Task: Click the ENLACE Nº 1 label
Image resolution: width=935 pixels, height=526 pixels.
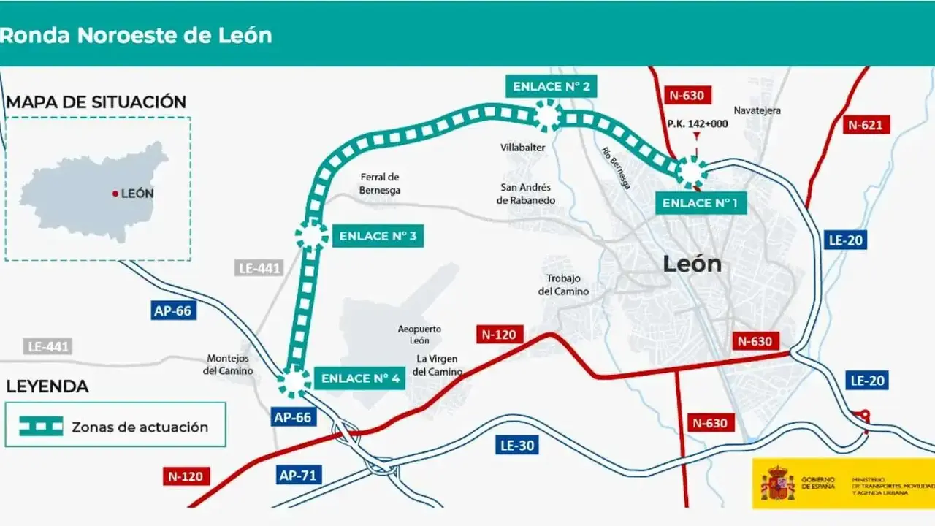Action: pos(701,202)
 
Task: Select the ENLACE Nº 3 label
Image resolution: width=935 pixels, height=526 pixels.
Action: pos(378,236)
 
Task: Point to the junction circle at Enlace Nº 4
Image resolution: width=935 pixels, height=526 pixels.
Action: pos(294,382)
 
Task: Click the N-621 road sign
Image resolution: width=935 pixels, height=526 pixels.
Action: pos(865,125)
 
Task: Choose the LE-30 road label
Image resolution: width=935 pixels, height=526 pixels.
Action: pos(517,445)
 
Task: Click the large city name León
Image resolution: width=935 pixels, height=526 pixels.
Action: pos(692,264)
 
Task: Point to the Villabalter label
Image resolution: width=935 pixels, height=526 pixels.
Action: pos(522,147)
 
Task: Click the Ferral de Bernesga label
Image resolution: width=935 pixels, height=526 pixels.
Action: pos(379,183)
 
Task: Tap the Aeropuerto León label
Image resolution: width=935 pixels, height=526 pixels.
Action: pos(419,335)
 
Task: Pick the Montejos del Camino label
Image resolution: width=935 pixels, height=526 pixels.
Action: pos(228,365)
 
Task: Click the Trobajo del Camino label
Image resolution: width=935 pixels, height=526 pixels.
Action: pos(563,285)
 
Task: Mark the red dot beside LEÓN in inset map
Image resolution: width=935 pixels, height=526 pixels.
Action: pos(115,194)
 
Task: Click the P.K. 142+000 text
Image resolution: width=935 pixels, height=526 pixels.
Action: pos(697,123)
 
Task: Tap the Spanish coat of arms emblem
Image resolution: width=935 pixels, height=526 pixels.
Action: pos(777,483)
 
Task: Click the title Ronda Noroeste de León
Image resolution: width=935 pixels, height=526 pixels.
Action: pos(136,34)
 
